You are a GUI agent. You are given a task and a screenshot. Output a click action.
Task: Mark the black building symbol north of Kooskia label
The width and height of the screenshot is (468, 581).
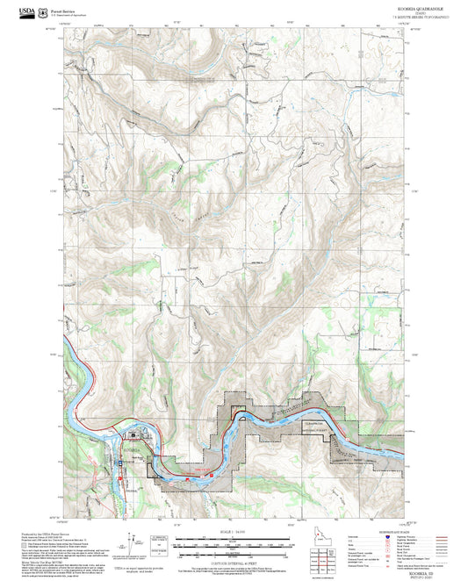coord(133,434)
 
